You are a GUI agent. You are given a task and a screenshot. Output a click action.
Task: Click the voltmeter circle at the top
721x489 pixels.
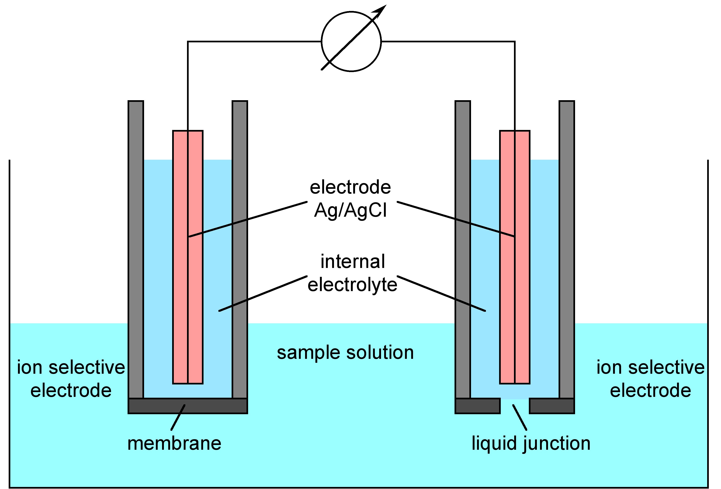pyautogui.click(x=351, y=41)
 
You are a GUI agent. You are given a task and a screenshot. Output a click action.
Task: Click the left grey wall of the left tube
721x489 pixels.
pyautogui.click(x=136, y=248)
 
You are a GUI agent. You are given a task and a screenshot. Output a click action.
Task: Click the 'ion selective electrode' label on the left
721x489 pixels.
pyautogui.click(x=71, y=379)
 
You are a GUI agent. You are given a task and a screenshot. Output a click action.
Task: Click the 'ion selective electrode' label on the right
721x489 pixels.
pyautogui.click(x=650, y=379)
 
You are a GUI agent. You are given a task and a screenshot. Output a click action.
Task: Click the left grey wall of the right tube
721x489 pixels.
pyautogui.click(x=463, y=248)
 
